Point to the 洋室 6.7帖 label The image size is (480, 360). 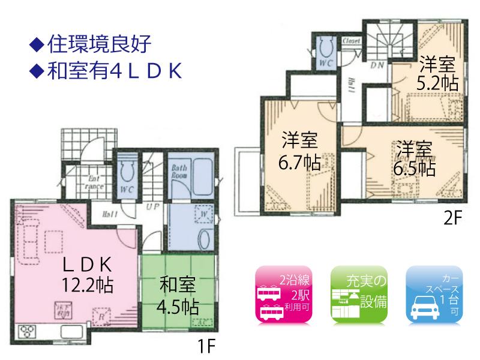tap(299, 152)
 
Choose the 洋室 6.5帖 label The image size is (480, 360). tap(413, 158)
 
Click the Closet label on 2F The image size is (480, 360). tap(351, 41)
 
